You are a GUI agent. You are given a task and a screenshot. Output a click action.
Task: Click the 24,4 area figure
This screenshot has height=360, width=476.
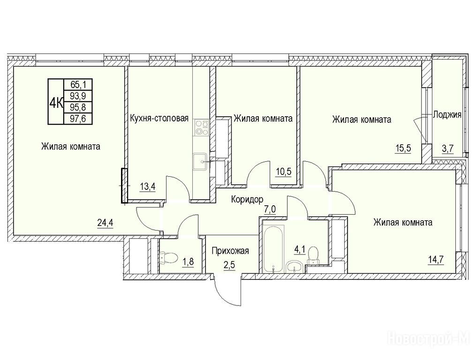pyautogui.click(x=106, y=223)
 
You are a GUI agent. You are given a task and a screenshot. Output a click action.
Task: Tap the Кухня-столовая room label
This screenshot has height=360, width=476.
pyautogui.click(x=159, y=118)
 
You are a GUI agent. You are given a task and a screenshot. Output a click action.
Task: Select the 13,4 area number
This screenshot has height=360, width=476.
pyautogui.click(x=148, y=186)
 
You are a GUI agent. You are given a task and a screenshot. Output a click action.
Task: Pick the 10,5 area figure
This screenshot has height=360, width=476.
pyautogui.click(x=284, y=172)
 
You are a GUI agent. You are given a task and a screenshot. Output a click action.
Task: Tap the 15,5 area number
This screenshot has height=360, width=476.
pyautogui.click(x=403, y=149)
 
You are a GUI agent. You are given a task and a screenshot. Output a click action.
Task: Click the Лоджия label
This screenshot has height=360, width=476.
pyautogui.click(x=447, y=115)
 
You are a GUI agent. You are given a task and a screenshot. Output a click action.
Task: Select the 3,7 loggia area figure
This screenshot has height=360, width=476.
pyautogui.click(x=447, y=149)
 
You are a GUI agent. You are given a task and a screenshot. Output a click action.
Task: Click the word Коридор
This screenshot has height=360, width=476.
pyautogui.click(x=247, y=199)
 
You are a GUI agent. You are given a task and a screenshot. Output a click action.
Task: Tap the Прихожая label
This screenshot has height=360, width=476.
pyautogui.click(x=230, y=251)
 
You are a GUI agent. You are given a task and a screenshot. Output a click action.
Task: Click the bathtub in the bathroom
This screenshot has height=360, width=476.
pyautogui.click(x=274, y=248)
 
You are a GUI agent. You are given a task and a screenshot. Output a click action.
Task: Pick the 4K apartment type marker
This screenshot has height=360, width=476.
pyautogui.click(x=56, y=102)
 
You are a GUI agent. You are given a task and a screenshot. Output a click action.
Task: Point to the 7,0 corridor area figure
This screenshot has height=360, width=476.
pyautogui.click(x=269, y=210)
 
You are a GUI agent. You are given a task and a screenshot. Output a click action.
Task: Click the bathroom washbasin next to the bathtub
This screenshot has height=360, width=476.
pyautogui.click(x=293, y=267)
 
